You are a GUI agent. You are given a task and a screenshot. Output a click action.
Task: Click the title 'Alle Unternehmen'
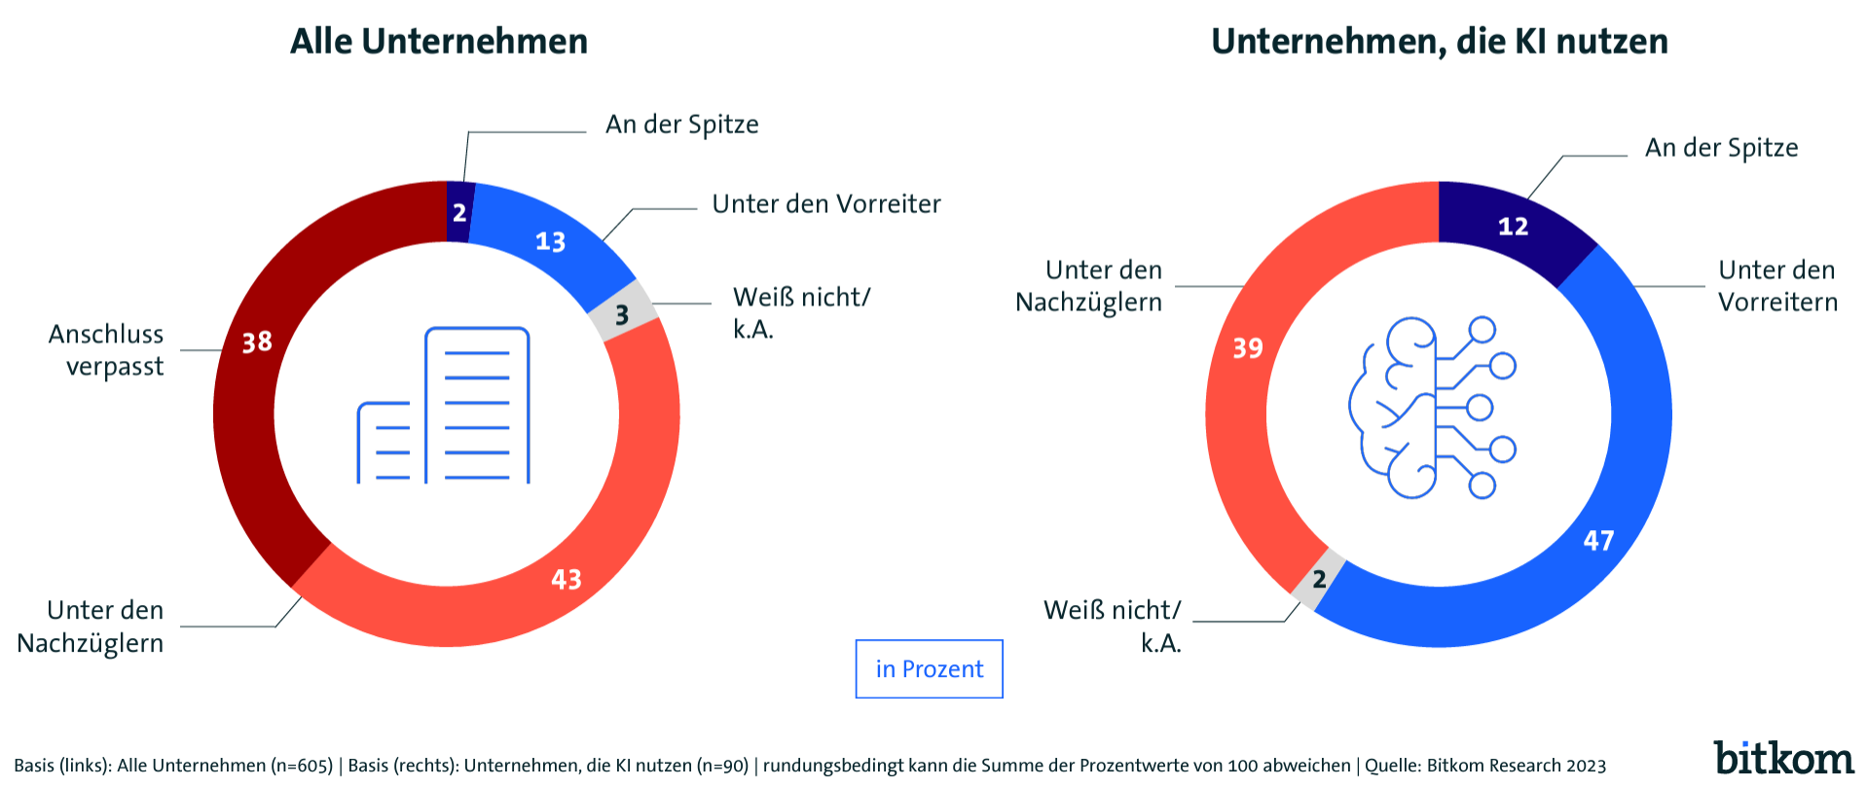tap(439, 42)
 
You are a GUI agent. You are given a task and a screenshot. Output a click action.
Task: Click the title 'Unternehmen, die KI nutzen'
tap(1439, 42)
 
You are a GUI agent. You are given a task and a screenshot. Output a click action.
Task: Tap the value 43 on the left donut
tap(567, 580)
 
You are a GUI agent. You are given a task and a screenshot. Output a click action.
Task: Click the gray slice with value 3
tap(622, 314)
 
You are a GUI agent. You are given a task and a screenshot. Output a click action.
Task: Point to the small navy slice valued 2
tap(459, 212)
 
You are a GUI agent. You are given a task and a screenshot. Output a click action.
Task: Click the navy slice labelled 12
tap(1513, 227)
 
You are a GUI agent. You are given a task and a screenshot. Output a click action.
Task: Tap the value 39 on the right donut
tap(1248, 348)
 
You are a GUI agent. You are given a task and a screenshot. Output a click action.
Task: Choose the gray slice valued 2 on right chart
tap(1319, 580)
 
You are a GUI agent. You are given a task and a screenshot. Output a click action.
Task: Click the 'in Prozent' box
tap(929, 669)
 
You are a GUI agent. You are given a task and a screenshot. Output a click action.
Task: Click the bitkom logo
tap(1783, 758)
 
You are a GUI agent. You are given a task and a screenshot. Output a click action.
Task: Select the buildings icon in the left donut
tap(444, 407)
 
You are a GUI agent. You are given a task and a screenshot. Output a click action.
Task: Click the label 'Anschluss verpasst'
tap(107, 350)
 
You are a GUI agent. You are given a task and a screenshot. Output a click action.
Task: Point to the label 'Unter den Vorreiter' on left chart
tap(825, 204)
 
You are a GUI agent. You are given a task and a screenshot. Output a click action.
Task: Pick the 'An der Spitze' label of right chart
tap(1721, 148)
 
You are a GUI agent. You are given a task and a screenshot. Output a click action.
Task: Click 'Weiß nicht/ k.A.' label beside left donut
tap(800, 312)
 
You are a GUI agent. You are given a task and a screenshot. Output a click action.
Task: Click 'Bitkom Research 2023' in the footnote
tap(1516, 766)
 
